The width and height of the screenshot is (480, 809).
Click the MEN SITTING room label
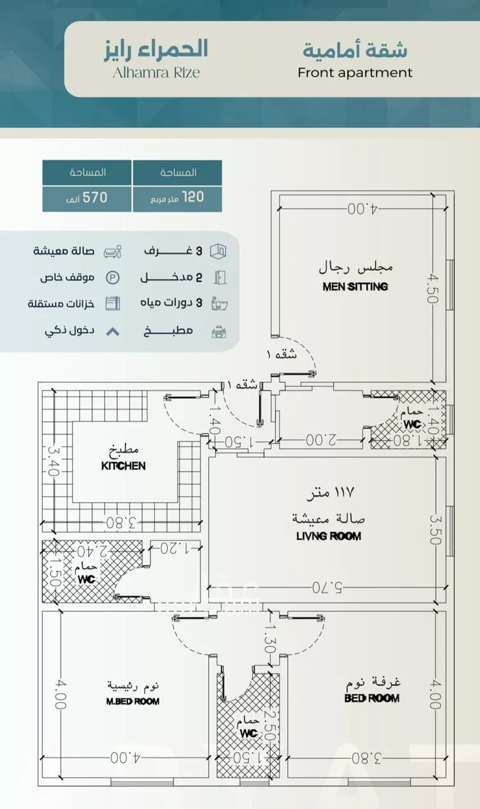pos(355,287)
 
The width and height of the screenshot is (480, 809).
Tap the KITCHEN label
pos(124,466)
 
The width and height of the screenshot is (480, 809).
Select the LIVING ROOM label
pos(328,536)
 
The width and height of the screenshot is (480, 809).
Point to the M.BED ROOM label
pos(132,701)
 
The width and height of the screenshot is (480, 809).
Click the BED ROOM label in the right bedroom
pos(372,698)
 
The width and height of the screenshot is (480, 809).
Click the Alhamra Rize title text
pos(157,72)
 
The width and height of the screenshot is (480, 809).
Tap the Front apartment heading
pos(355,72)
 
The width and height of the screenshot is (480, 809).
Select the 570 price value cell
pos(88,198)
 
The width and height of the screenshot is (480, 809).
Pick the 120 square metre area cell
pos(177,198)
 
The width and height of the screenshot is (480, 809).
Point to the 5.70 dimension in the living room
pos(328,586)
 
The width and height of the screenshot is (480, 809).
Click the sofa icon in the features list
pos(113,251)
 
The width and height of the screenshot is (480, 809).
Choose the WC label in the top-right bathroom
pos(412,424)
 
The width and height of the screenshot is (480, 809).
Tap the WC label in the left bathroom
pos(86,579)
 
